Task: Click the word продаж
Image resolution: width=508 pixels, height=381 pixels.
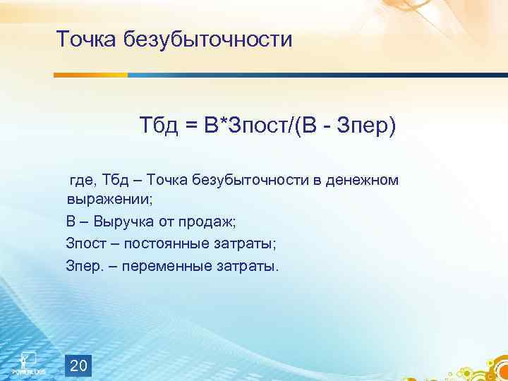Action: (x=212, y=222)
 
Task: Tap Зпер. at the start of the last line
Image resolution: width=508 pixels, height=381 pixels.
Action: (x=84, y=267)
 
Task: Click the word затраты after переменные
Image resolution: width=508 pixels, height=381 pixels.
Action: (x=253, y=267)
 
